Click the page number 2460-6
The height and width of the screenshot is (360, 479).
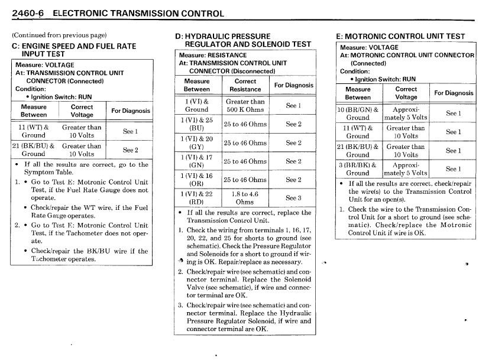coord(28,13)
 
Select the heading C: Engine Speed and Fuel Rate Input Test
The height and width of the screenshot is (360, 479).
coord(73,50)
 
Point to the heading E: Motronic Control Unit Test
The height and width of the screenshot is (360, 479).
coord(400,36)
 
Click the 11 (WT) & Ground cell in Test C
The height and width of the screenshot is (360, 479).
coord(34,131)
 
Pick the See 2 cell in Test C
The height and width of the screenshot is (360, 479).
coord(130,150)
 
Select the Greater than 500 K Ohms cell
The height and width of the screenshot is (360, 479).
coord(245,105)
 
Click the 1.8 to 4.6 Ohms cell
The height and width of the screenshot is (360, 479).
coord(245,197)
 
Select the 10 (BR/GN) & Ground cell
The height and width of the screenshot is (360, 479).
coord(357,113)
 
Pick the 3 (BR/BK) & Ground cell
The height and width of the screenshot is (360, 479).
coord(357,169)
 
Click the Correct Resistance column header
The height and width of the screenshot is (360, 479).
coord(245,85)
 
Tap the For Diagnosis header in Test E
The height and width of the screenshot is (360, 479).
coord(454,93)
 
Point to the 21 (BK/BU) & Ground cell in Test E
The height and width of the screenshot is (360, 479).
coord(357,150)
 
